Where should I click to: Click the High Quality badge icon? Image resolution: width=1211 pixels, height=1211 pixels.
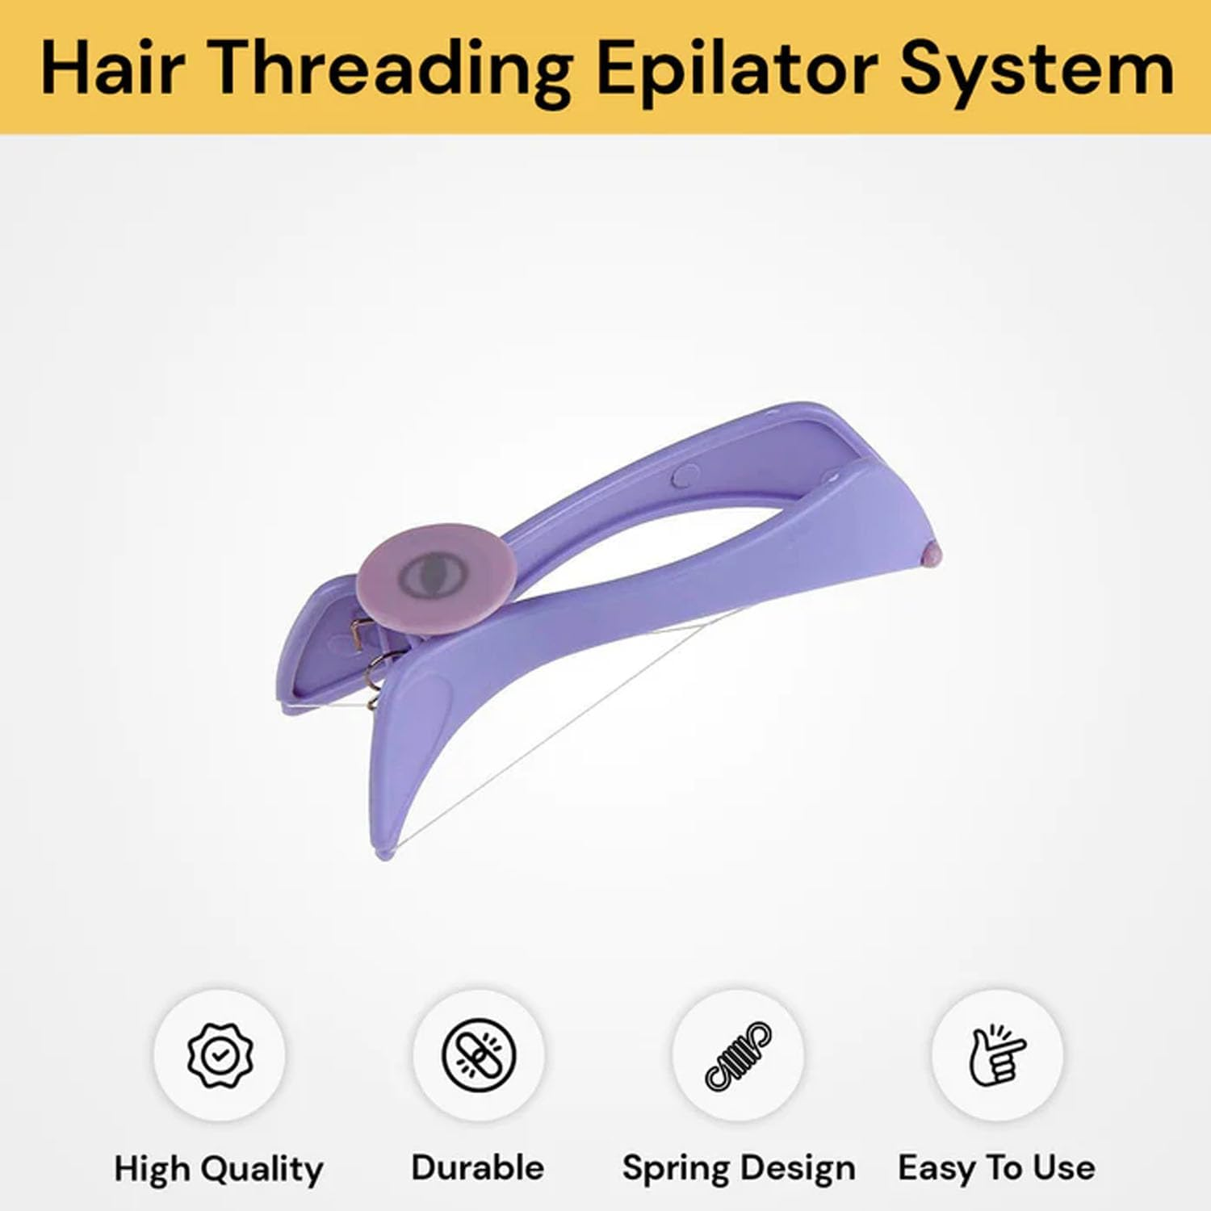(219, 1054)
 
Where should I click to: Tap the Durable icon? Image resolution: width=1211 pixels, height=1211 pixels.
(478, 1054)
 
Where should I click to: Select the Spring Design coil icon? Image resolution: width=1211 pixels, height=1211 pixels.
(738, 1054)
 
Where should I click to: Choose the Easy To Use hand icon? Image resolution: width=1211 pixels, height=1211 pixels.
(997, 1054)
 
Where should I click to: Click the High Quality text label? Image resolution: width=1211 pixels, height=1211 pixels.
(218, 1168)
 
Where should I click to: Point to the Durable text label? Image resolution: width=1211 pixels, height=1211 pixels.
(478, 1167)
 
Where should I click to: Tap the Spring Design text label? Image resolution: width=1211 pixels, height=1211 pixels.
(738, 1168)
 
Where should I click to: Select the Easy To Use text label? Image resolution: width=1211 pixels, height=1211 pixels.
(996, 1167)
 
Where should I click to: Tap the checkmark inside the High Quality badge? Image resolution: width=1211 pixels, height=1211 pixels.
(219, 1054)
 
